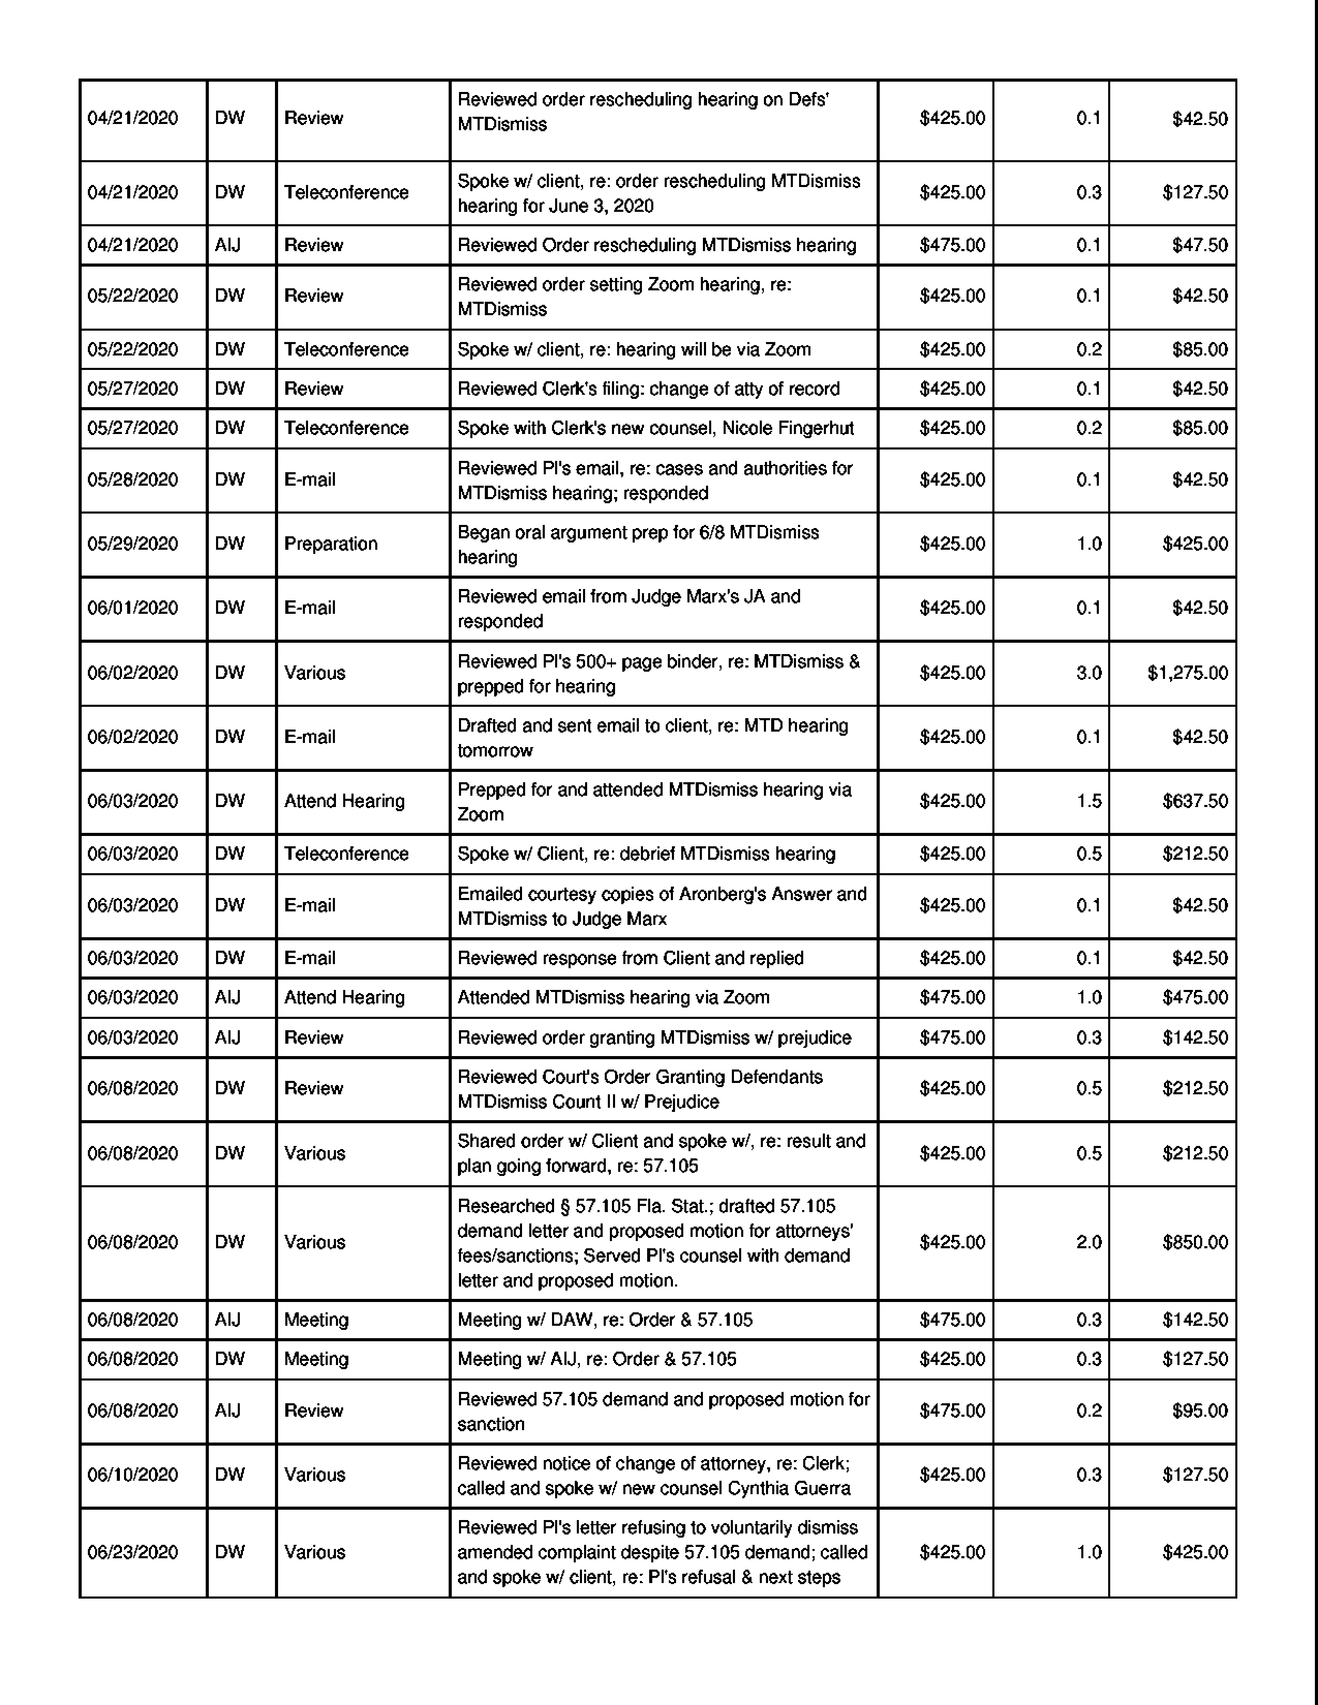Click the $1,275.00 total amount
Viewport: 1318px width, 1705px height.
1187,673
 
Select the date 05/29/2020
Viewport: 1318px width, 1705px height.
133,544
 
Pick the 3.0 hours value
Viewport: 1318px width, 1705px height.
1089,673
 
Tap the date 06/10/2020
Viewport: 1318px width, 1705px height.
133,1475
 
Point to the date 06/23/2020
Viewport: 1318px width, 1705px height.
133,1552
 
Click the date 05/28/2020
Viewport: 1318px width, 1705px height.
133,479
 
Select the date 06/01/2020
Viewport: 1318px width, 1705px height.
133,608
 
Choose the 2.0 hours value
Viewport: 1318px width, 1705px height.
1089,1242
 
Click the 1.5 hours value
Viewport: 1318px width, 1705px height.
1089,801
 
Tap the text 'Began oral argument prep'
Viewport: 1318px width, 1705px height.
558,532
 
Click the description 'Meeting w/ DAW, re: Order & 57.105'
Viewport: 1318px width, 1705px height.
605,1320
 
